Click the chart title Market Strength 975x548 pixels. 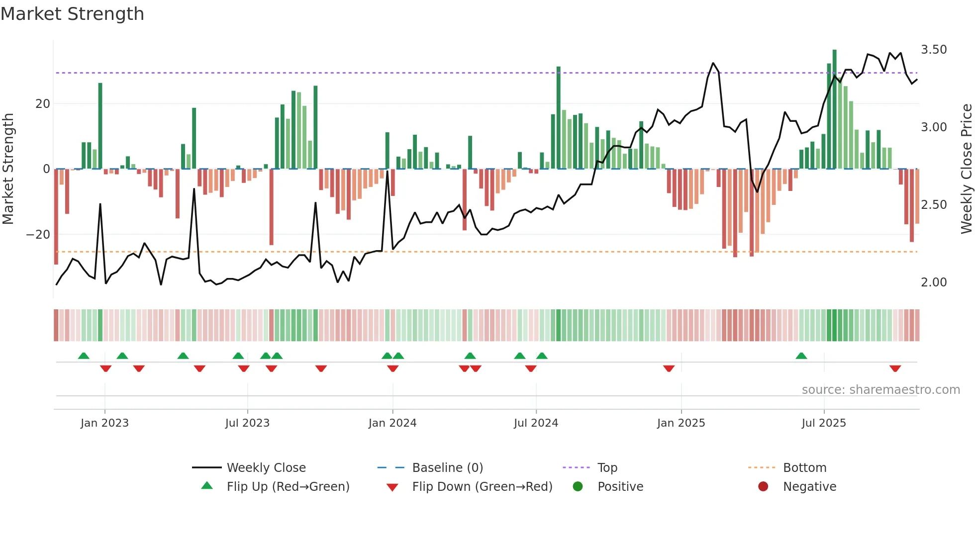point(72,14)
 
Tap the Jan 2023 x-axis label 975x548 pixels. point(104,423)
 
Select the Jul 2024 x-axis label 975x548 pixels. point(536,423)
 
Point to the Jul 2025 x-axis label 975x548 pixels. point(824,423)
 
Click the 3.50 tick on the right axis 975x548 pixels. point(934,50)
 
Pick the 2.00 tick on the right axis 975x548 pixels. point(934,282)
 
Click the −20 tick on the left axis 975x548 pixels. point(38,235)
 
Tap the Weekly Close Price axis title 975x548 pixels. point(966,169)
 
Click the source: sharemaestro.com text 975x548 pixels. point(880,390)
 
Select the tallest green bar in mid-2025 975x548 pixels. point(834,109)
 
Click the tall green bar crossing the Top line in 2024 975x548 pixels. point(558,117)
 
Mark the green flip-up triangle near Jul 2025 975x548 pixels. point(801,356)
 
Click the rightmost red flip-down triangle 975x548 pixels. point(895,368)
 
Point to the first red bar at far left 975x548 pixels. point(56,216)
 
